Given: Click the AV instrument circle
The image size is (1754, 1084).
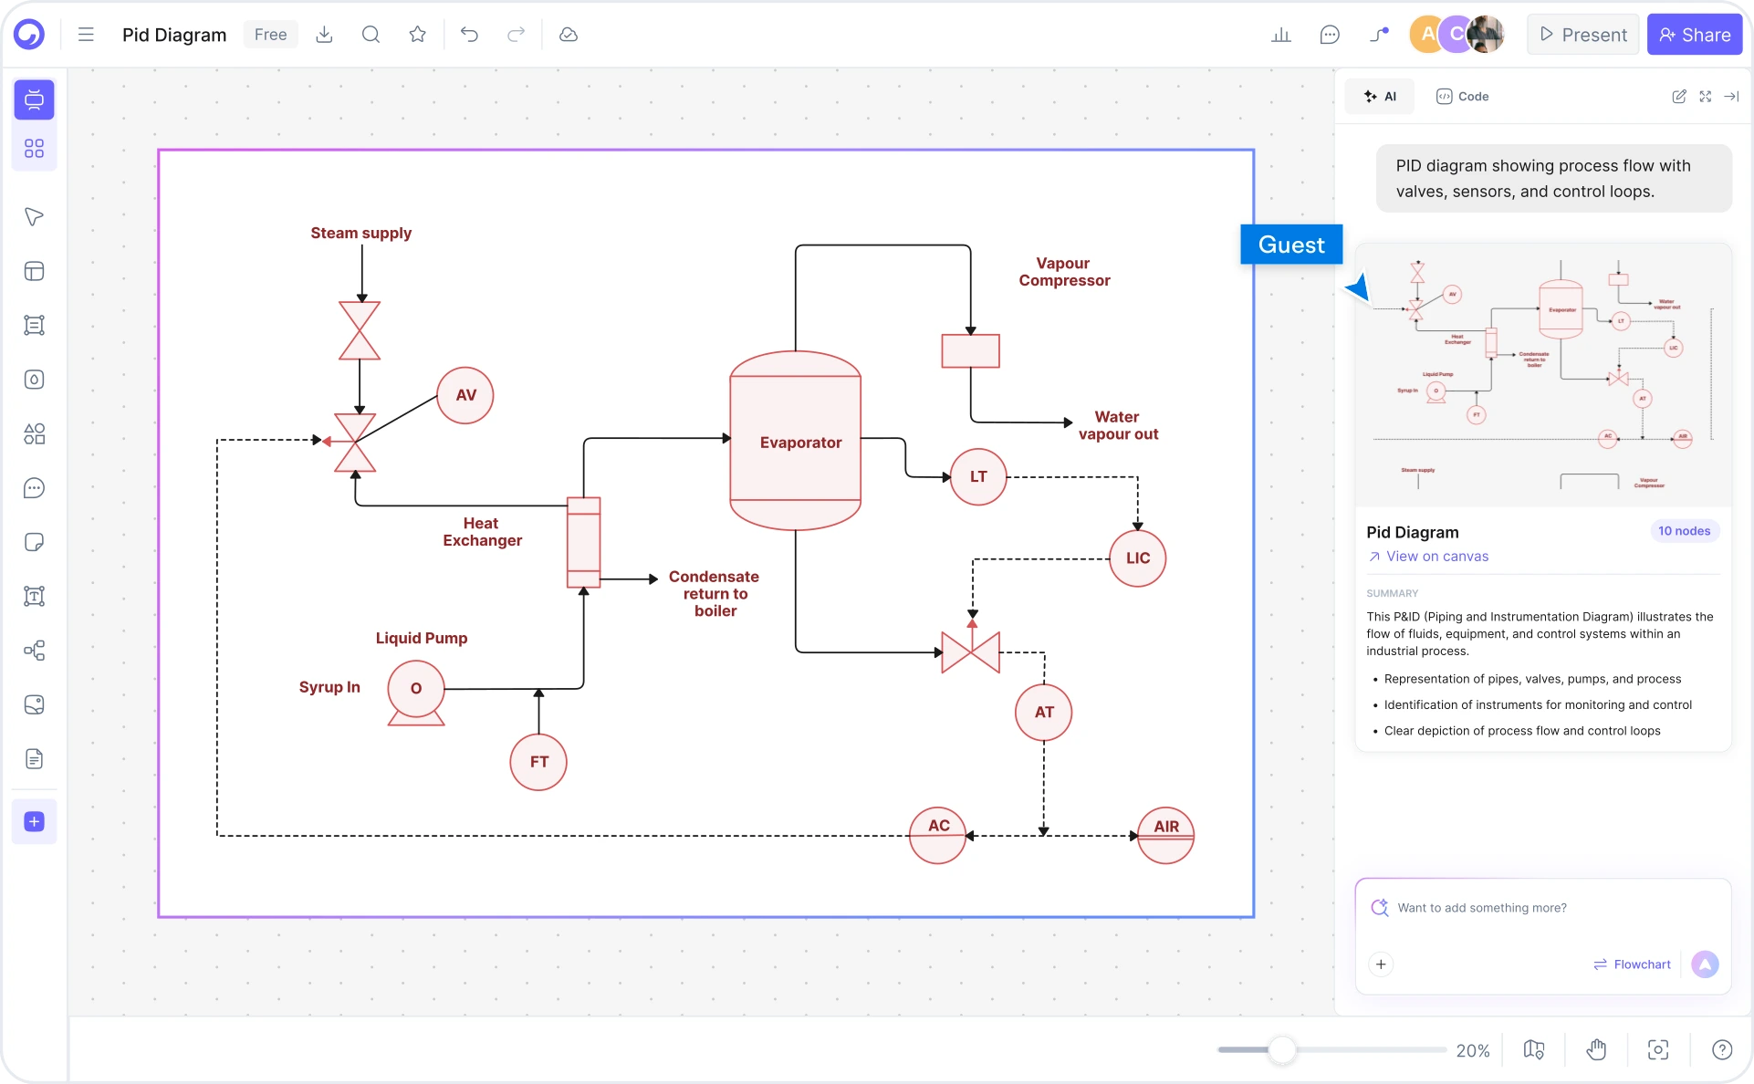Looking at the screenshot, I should point(465,395).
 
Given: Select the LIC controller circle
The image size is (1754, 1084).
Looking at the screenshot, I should point(1137,558).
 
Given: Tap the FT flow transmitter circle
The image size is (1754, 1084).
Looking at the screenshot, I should point(538,762).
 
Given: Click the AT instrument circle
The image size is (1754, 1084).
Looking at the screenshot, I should point(1043,712).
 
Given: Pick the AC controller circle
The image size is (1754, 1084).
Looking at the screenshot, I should point(938,834).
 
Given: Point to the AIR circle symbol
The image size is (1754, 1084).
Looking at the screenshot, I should point(1165,834).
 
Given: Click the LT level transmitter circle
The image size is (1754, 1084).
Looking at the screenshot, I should point(978,476).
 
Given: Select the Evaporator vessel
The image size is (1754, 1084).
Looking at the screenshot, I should point(796,442).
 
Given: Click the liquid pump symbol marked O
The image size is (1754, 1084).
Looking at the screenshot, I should point(416,690).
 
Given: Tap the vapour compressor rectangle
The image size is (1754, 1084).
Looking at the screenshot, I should point(970,351).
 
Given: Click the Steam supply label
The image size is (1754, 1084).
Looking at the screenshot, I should point(361,233).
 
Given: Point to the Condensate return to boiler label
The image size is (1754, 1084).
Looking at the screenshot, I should point(715,593).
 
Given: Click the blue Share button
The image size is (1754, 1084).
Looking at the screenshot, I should point(1695,35).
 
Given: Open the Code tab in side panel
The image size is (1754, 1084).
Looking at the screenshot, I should point(1463,97).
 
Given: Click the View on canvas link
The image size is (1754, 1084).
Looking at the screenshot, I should point(1436,557).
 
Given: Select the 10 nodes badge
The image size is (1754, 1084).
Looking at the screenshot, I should point(1684,531).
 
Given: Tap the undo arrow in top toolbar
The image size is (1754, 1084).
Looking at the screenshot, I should point(469,35).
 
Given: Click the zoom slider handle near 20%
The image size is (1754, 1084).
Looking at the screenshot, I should point(1282,1050).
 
